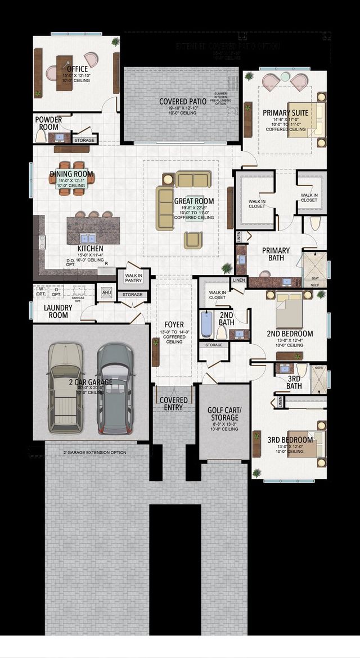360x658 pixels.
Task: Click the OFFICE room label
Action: [76, 69]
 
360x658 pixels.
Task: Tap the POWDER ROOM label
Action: [48, 123]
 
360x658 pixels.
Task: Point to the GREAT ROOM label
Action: [193, 201]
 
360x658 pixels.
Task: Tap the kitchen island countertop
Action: [93, 229]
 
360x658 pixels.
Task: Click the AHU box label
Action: [106, 292]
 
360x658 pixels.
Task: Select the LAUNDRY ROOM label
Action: [58, 312]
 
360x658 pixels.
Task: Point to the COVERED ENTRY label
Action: [173, 404]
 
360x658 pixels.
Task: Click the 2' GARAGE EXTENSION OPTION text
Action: [94, 452]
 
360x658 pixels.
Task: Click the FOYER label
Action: [174, 325]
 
